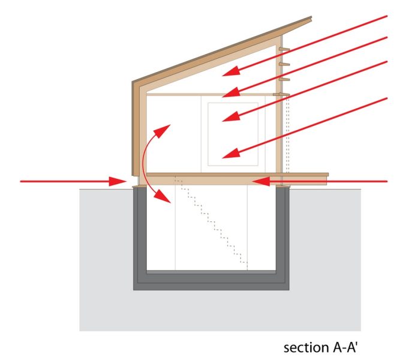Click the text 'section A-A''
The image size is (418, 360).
(320, 347)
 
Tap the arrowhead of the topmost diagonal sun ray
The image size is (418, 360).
(231, 71)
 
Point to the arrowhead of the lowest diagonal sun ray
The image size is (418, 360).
(231, 154)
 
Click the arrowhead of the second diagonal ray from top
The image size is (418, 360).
(231, 92)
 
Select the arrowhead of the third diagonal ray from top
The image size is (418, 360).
(231, 117)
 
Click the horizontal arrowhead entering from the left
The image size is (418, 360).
(118, 181)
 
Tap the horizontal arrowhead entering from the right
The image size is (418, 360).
(261, 182)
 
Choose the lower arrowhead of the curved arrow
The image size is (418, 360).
(163, 196)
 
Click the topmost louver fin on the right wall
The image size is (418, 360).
(284, 49)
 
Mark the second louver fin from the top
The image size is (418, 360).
(284, 64)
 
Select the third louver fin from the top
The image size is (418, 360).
(284, 79)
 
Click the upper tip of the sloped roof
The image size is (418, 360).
(311, 17)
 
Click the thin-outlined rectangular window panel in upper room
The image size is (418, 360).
(233, 134)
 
